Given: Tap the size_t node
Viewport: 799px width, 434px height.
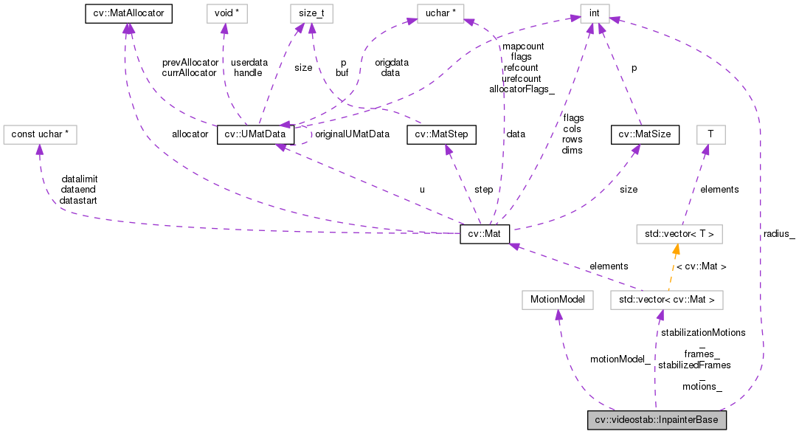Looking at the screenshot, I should click(x=311, y=13).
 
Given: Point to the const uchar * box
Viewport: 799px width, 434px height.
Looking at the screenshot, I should click(x=41, y=134).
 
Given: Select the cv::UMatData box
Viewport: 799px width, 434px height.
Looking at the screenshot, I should click(x=256, y=134).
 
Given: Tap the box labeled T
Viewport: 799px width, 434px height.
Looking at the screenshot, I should click(x=710, y=134).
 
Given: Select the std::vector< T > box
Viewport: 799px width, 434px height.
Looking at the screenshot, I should click(x=679, y=235).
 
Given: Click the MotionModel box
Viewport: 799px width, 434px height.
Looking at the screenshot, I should click(x=557, y=300).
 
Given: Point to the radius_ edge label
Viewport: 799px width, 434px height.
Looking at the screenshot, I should click(x=779, y=235).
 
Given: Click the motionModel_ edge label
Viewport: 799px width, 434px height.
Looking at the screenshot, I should click(x=620, y=359).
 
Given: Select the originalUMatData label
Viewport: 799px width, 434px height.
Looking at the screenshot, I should click(x=352, y=134).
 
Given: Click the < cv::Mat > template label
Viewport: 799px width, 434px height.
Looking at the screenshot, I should click(x=702, y=266).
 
